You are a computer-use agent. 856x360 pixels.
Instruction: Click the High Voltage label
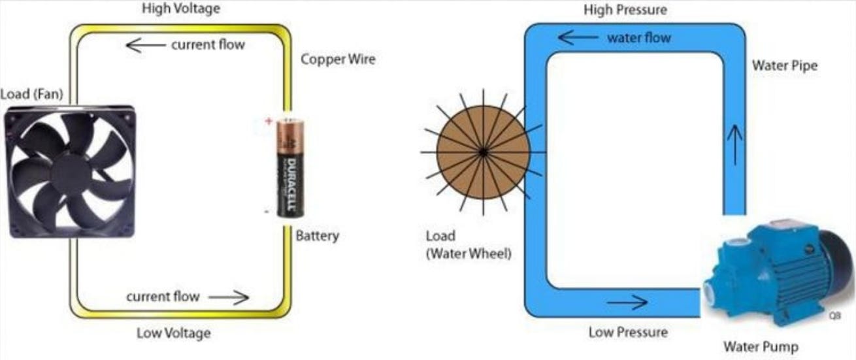click(x=181, y=9)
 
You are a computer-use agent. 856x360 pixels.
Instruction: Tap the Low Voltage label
click(x=173, y=333)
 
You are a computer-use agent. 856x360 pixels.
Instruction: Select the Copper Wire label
click(x=338, y=59)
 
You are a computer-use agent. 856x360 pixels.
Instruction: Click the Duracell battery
click(x=291, y=168)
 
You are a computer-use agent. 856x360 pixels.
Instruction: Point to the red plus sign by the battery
click(x=267, y=121)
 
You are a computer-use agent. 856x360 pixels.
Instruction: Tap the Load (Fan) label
click(x=32, y=95)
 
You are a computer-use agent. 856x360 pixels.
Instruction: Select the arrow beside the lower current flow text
click(x=229, y=298)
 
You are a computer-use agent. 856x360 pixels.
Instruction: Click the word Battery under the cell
click(x=317, y=236)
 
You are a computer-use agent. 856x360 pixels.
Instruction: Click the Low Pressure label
click(x=628, y=333)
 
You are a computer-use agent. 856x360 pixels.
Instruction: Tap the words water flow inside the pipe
click(x=638, y=38)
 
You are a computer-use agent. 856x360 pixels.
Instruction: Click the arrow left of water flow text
click(x=578, y=38)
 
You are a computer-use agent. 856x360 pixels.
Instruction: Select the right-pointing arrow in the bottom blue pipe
click(x=627, y=303)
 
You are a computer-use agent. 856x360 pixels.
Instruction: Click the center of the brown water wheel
click(x=483, y=152)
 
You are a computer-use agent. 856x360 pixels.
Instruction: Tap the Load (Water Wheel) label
click(x=468, y=245)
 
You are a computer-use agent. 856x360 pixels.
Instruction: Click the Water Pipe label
click(x=784, y=66)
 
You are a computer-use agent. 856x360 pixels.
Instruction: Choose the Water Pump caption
click(x=760, y=347)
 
